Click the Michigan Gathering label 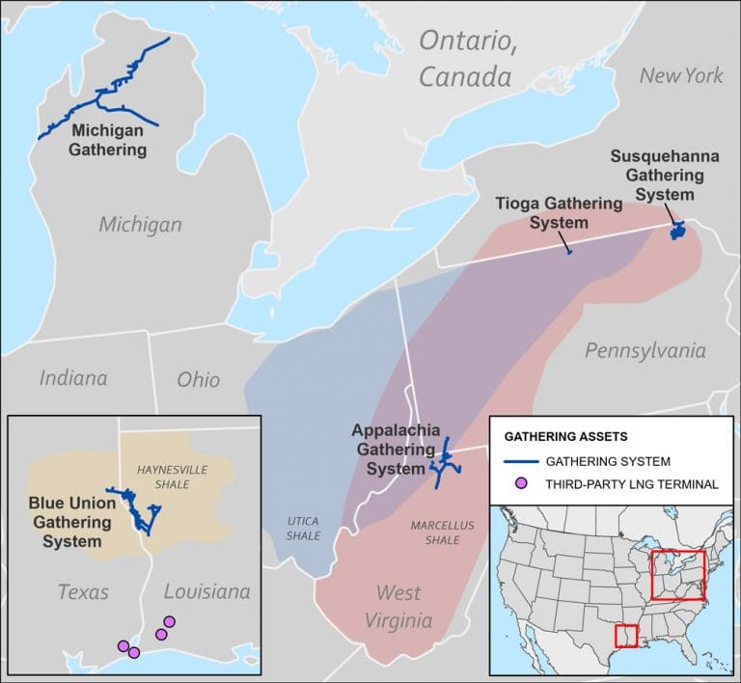(107, 139)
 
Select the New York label (681, 74)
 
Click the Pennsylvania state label (645, 350)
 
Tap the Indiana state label (72, 377)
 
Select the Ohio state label (198, 379)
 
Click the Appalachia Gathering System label (396, 450)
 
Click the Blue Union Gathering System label (71, 522)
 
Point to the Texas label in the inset (82, 591)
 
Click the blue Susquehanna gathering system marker (678, 232)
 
